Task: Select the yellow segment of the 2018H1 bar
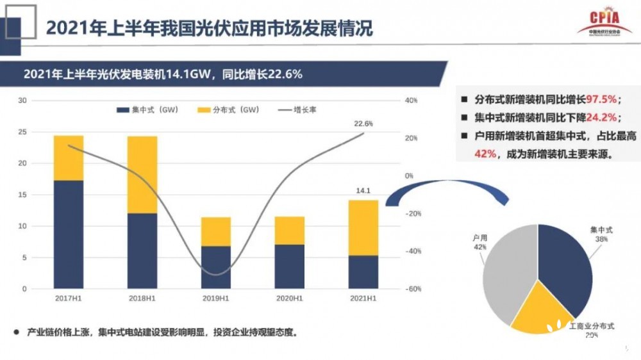tap(142, 174)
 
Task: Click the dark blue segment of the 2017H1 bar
tap(69, 234)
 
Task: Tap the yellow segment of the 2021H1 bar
tap(363, 227)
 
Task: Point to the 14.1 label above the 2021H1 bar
tap(363, 190)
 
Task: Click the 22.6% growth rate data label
tap(363, 124)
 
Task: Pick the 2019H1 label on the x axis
tap(216, 299)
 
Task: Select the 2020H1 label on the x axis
tap(290, 299)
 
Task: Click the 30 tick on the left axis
tap(22, 101)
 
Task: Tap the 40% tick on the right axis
tap(410, 101)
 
